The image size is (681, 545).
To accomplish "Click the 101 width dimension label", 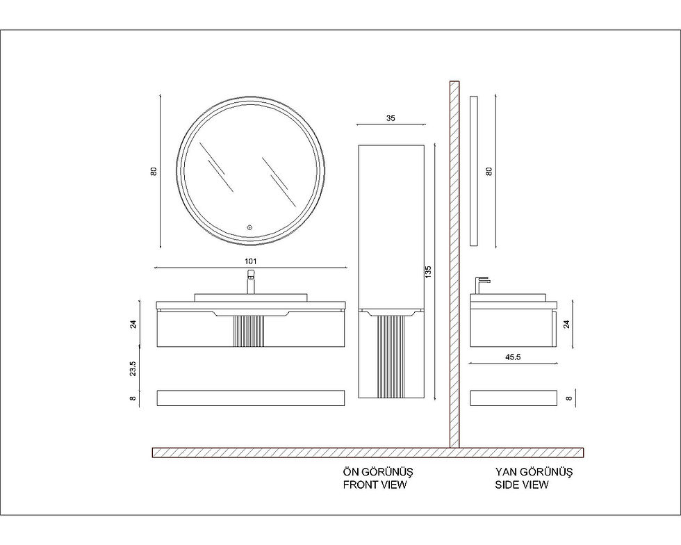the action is click(251, 261).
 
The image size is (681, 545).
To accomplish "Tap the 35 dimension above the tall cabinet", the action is click(391, 117).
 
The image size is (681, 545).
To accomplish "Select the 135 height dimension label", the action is click(428, 272).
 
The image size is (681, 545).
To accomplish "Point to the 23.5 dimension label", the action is click(133, 368).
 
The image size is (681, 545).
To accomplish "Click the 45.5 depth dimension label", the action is click(513, 357).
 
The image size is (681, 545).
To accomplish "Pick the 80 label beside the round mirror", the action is click(154, 172).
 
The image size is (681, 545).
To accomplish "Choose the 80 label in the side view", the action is click(489, 171).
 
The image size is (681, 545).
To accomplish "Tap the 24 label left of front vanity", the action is click(133, 324).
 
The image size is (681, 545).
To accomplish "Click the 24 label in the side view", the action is click(566, 324).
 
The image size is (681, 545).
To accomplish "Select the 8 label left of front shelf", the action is click(133, 398).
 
